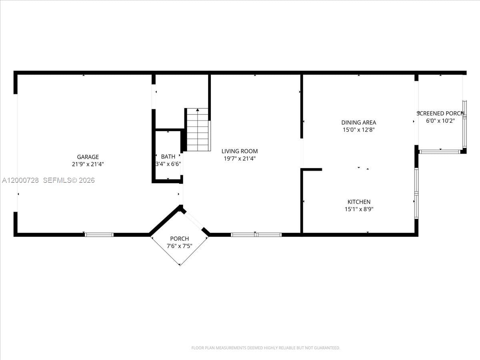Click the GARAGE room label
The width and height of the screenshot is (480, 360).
[88, 157]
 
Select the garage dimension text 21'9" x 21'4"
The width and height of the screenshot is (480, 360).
[88, 164]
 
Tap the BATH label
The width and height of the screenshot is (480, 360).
[168, 156]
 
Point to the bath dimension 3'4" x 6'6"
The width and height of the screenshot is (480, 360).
[168, 164]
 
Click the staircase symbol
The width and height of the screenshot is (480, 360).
[198, 130]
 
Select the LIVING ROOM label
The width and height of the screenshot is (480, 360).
[240, 151]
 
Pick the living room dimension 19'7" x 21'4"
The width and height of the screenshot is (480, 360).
[240, 158]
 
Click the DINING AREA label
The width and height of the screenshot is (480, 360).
[358, 122]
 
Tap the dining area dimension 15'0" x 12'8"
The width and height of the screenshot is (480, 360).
[358, 130]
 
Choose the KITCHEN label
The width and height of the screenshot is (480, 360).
[358, 202]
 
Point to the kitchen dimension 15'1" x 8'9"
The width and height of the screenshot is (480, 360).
[358, 209]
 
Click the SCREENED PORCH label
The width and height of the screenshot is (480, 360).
[440, 113]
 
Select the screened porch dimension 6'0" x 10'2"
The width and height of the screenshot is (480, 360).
[440, 120]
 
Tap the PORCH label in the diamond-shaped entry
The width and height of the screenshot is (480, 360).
[179, 239]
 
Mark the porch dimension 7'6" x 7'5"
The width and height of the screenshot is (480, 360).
[179, 246]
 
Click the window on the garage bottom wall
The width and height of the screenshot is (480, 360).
[99, 234]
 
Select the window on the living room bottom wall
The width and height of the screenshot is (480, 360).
[256, 234]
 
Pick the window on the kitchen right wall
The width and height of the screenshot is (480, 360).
[416, 193]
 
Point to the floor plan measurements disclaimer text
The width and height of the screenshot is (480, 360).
[266, 348]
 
